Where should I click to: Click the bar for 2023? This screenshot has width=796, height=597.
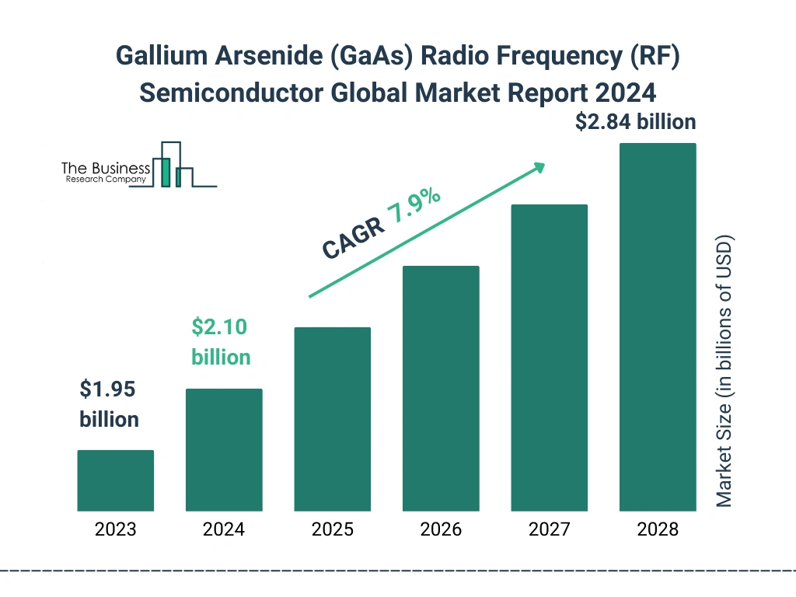pyautogui.click(x=115, y=480)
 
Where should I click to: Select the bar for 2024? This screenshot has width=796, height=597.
pyautogui.click(x=224, y=450)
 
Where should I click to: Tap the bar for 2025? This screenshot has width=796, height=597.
pyautogui.click(x=332, y=419)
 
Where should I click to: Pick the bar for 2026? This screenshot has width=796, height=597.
pyautogui.click(x=441, y=389)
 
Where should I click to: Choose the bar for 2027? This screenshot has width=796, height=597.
pyautogui.click(x=549, y=358)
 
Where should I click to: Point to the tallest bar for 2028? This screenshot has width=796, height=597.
pyautogui.click(x=658, y=327)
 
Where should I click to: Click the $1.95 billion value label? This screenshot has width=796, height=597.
pyautogui.click(x=110, y=404)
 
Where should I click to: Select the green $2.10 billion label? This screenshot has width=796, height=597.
pyautogui.click(x=221, y=342)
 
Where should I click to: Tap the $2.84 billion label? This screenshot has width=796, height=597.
pyautogui.click(x=635, y=122)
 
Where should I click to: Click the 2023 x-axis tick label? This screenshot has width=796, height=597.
pyautogui.click(x=115, y=530)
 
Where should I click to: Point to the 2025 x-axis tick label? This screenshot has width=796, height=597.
pyautogui.click(x=332, y=530)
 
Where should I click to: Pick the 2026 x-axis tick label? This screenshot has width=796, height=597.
pyautogui.click(x=441, y=530)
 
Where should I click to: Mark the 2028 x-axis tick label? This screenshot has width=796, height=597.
pyautogui.click(x=658, y=530)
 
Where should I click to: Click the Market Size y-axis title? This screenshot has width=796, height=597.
pyautogui.click(x=724, y=371)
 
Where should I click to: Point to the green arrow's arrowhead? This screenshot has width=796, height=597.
pyautogui.click(x=539, y=167)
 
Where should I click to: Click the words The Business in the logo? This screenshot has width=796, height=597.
pyautogui.click(x=106, y=168)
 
